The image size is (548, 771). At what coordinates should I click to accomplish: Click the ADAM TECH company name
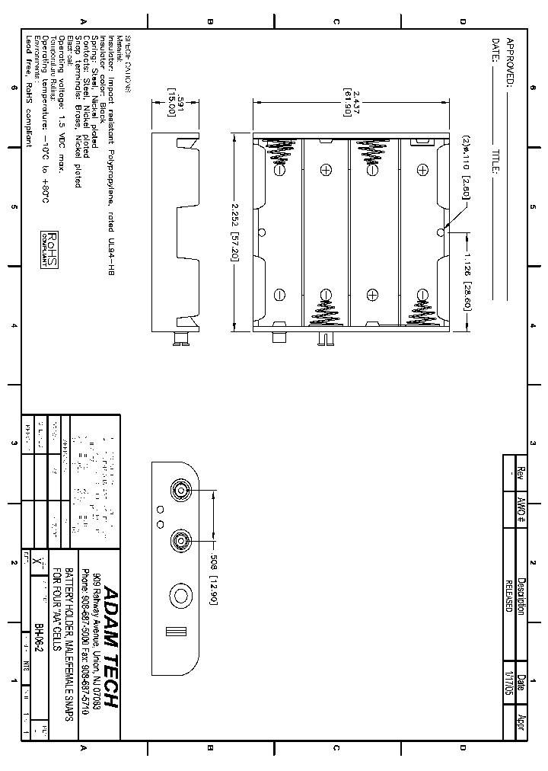point(111,648)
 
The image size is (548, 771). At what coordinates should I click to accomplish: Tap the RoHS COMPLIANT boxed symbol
point(49,250)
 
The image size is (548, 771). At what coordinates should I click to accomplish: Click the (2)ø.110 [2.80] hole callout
point(466,167)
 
